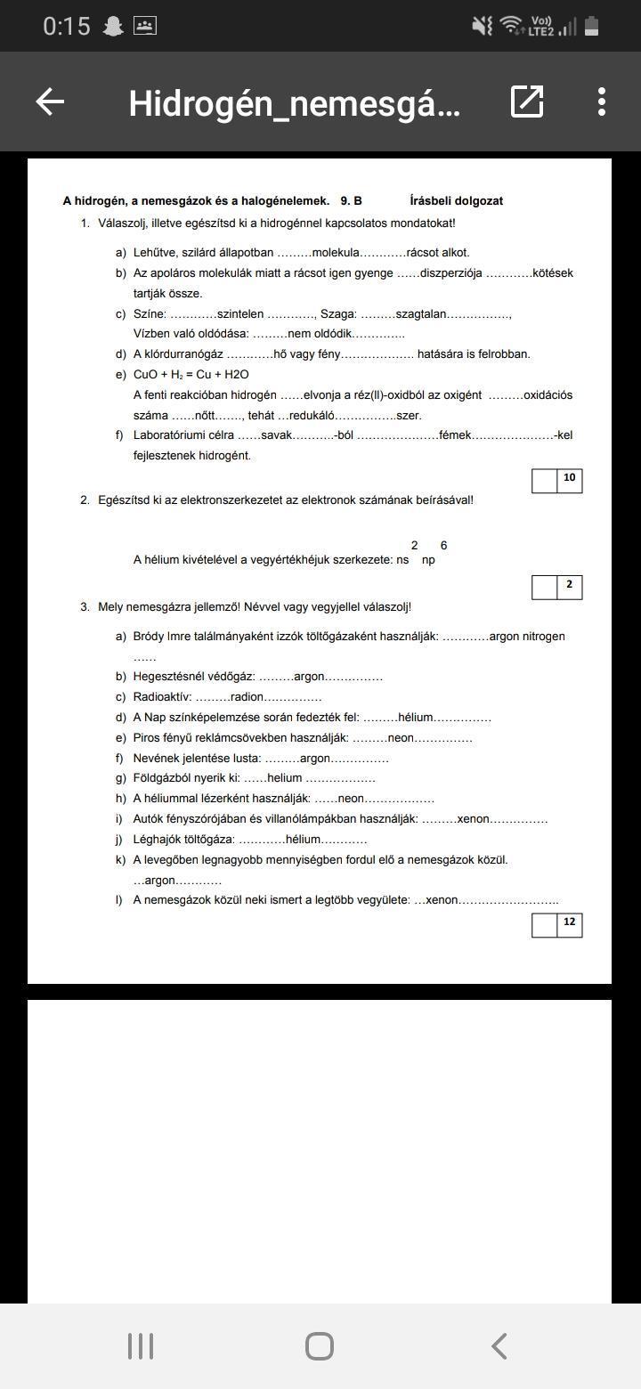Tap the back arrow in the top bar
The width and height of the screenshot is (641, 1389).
click(x=50, y=102)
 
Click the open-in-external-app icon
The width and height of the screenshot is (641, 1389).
click(x=527, y=102)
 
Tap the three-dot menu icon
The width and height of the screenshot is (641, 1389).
click(x=602, y=102)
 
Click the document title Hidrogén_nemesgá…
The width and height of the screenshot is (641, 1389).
click(x=294, y=103)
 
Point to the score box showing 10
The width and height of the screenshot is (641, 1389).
click(x=569, y=479)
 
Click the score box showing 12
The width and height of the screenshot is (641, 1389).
click(x=569, y=923)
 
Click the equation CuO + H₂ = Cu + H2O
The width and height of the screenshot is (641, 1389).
click(x=191, y=375)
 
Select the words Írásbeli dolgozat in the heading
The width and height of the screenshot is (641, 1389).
click(x=457, y=201)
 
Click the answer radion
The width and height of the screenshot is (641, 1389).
click(x=247, y=697)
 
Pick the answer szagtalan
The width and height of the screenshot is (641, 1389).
click(x=420, y=314)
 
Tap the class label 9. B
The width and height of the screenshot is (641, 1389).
click(x=351, y=201)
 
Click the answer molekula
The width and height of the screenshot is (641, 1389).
click(x=336, y=253)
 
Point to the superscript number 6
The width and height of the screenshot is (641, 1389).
click(x=443, y=546)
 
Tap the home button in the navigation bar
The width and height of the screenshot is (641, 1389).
click(x=320, y=1346)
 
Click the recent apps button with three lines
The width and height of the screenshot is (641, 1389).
click(x=141, y=1346)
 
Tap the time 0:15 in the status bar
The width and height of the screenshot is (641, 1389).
click(x=67, y=27)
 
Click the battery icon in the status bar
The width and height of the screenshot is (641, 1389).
click(x=591, y=27)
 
